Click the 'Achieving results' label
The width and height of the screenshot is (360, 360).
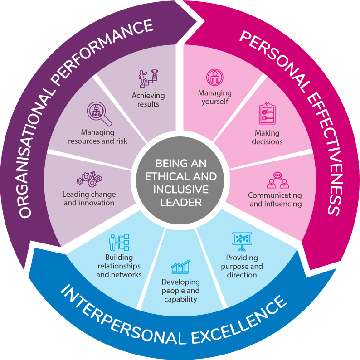coord(148,100)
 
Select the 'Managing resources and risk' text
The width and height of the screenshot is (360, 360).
coord(97,136)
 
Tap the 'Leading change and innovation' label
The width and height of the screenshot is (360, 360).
coord(89,199)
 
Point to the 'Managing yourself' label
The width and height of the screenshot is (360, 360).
coord(214,97)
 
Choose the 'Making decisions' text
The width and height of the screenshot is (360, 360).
coord(267,137)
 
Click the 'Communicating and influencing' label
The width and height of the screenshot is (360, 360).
coord(275,199)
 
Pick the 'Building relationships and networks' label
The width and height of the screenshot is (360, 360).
coord(119,266)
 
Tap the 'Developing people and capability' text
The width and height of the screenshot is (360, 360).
coord(180,290)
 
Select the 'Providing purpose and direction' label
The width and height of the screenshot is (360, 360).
coord(242,266)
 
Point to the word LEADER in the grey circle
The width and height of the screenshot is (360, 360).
coord(181,202)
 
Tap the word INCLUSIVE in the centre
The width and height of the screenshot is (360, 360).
coord(180,189)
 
